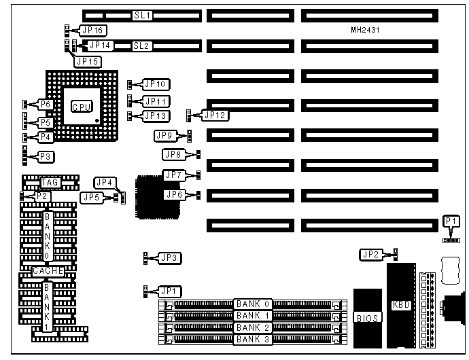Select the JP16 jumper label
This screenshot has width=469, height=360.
(x=92, y=30)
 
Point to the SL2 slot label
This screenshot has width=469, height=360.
(x=141, y=46)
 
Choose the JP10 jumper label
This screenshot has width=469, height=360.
(x=156, y=84)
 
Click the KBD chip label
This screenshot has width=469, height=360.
(x=402, y=305)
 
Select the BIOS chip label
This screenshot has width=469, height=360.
(x=368, y=317)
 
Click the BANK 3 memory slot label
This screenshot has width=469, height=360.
(x=253, y=338)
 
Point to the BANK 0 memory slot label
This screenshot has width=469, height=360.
(x=253, y=304)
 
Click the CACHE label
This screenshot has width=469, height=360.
(x=48, y=271)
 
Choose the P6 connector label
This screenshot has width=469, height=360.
(x=46, y=104)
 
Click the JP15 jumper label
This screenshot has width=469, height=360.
(x=88, y=61)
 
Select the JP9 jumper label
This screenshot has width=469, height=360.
(x=166, y=136)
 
